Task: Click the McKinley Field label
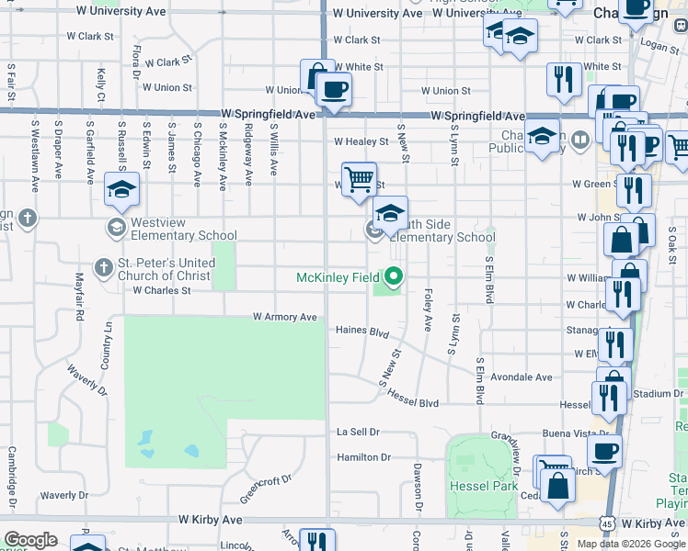pos(337,277)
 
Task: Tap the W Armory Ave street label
pos(285,318)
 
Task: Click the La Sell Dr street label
pos(358,432)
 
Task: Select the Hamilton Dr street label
pos(363,457)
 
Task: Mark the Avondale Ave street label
pos(521,377)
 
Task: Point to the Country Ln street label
pos(109,340)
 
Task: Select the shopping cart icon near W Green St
pos(359,177)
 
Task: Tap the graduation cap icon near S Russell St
pos(121,189)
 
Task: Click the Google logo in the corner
pos(30,540)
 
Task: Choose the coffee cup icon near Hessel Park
pos(604,451)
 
